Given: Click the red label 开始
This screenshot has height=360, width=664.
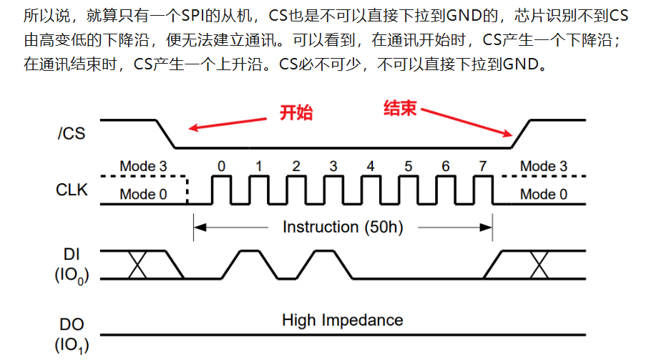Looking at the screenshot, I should tap(296, 112).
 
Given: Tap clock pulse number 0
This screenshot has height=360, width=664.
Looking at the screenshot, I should tap(221, 167).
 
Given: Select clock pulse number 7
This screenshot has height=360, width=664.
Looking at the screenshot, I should tap(483, 167).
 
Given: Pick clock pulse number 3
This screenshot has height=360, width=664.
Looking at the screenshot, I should tap(333, 167).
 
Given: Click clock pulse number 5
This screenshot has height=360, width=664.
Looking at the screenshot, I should tap(408, 167).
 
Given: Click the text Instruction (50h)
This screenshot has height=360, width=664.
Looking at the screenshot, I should tap(343, 228).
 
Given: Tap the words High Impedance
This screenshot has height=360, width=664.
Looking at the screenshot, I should tap(343, 320).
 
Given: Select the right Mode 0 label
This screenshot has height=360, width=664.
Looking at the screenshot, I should tap(543, 194).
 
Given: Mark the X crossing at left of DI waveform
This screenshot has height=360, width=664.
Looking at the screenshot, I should tap(137, 264).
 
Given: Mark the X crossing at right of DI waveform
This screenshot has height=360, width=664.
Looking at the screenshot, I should tap(538, 264).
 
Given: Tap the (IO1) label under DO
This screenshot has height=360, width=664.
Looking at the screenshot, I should tap(71, 346).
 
